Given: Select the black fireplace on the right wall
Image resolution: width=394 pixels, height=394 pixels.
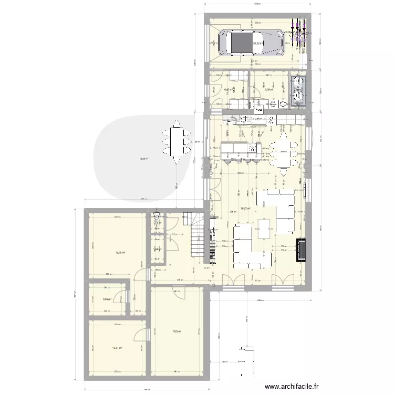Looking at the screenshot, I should (302, 250).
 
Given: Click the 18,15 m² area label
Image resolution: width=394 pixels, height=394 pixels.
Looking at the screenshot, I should (120, 253).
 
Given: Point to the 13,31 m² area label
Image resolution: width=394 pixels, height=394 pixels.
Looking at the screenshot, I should (117, 347).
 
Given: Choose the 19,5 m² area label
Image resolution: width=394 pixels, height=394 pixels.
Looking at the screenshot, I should (178, 331).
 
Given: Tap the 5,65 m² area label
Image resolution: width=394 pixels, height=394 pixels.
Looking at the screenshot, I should (107, 299).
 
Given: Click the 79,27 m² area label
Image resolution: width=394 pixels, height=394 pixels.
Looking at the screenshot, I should (245, 209).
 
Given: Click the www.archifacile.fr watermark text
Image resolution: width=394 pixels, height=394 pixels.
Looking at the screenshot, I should (292, 386).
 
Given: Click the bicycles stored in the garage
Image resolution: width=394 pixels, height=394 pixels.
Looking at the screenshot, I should (299, 32).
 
